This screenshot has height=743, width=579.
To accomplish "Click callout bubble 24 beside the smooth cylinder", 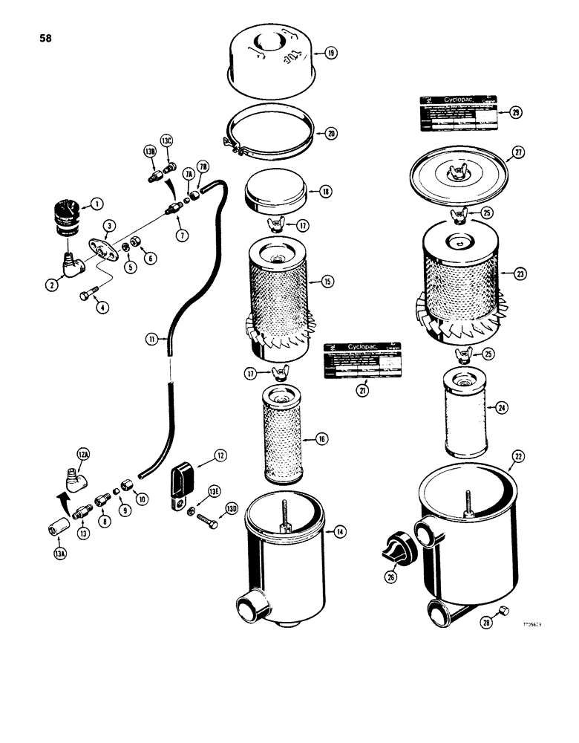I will (503, 407).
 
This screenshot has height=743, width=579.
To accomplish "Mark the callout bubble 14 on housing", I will (339, 531).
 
